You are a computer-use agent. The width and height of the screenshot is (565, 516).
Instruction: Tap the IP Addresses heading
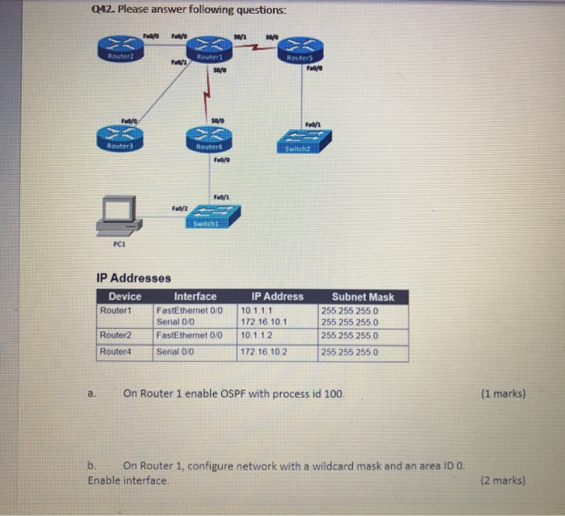(133, 278)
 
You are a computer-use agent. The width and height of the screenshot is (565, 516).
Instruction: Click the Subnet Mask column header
(363, 297)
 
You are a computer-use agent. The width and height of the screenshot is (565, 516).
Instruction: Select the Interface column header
(195, 297)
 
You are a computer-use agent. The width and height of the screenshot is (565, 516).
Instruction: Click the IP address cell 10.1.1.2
(257, 335)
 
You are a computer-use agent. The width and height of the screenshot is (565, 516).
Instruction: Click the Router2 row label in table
(115, 335)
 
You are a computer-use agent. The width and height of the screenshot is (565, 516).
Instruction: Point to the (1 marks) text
(502, 394)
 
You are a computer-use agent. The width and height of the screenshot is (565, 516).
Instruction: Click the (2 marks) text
(502, 481)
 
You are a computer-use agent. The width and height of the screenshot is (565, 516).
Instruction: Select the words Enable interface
(128, 481)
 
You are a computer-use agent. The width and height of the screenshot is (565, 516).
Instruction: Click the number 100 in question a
(335, 394)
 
